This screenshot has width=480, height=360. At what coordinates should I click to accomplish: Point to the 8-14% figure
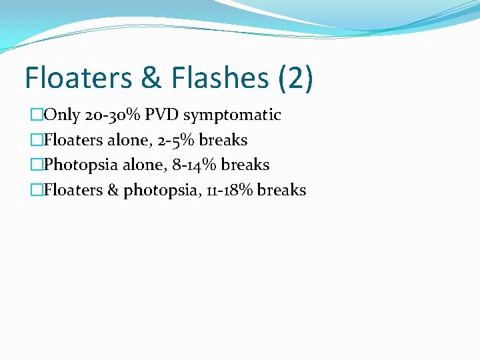click(193, 165)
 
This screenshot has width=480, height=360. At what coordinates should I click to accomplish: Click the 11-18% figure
click(229, 190)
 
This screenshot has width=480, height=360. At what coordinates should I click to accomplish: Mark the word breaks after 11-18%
click(281, 190)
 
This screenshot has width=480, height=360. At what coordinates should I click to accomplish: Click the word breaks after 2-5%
click(223, 140)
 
